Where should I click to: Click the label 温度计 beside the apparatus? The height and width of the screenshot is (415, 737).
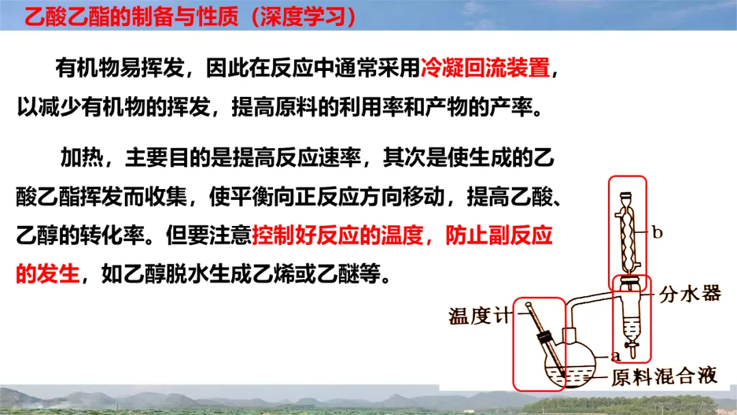coord(479,316)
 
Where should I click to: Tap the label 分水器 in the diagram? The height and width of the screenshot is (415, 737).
coord(690,294)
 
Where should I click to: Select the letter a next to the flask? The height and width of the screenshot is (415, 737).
coord(616,356)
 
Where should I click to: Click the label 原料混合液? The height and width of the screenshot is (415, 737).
coord(665,377)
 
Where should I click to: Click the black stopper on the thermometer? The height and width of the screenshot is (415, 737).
coord(545,337)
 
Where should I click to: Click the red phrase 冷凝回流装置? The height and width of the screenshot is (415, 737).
coord(485,68)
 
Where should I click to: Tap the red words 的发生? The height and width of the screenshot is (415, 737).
coord(48,273)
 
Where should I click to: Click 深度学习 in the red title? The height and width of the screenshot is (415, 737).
coord(304,17)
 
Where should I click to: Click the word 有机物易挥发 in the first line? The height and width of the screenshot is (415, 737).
coord(120,68)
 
